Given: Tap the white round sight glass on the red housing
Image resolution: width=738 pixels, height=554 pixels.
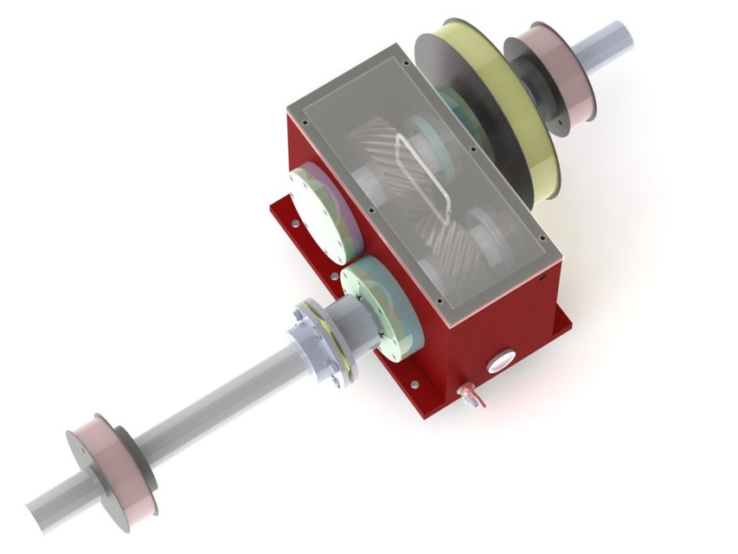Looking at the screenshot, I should pos(501,361).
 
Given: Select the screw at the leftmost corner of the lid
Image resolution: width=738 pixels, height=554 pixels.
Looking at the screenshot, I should pos(295,110).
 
